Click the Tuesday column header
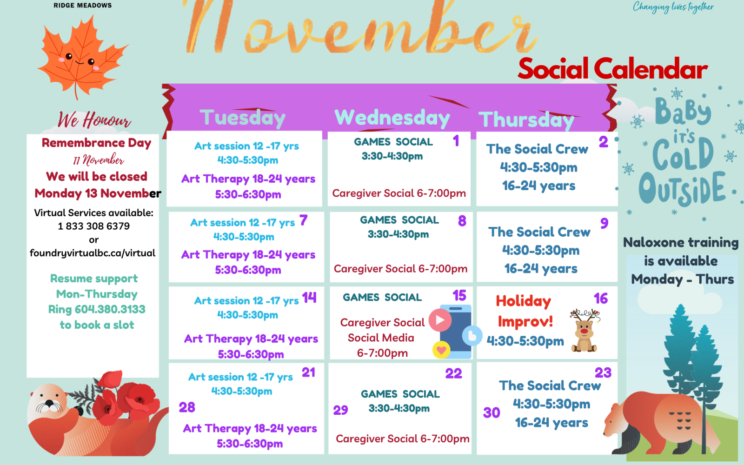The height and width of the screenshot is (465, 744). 242,118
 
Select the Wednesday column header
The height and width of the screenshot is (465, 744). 392,118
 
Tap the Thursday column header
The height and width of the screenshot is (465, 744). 526,120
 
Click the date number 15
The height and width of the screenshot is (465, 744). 459,295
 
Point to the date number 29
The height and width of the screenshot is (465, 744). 340,410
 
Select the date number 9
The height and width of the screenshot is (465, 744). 604,223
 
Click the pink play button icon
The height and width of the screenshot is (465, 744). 440,320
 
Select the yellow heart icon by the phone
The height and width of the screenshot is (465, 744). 441,350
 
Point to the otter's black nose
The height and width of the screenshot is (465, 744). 49,403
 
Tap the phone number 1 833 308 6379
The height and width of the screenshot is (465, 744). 93,226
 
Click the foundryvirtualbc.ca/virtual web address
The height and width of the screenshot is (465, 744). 93,253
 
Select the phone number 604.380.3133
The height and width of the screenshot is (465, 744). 110,309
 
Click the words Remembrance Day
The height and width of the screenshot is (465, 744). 96,143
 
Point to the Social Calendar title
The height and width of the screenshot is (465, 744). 613,69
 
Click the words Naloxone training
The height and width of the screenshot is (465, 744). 681,243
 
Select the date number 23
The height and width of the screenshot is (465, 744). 603,372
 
